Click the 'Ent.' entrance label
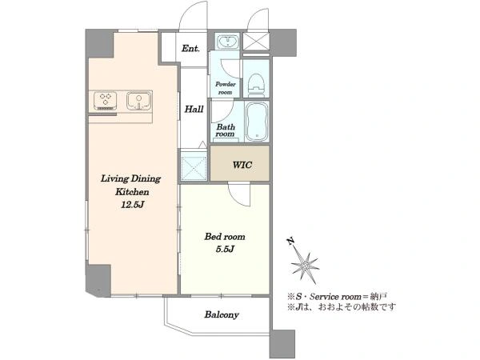pyautogui.click(x=190, y=48)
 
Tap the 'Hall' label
pyautogui.click(x=194, y=109)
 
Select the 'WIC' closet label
pyautogui.click(x=242, y=165)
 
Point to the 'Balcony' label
pyautogui.click(x=222, y=314)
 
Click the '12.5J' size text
pyautogui.click(x=132, y=205)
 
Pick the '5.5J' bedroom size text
pyautogui.click(x=225, y=249)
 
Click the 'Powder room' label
pyautogui.click(x=226, y=88)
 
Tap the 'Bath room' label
pyautogui.click(x=226, y=130)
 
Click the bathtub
pyautogui.click(x=257, y=122)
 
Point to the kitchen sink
pyautogui.click(x=139, y=100)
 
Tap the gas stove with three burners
pyautogui.click(x=105, y=101)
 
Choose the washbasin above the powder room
pyautogui.click(x=227, y=42)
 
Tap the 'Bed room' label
pyautogui.click(x=225, y=236)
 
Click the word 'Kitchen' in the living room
pyautogui.click(x=132, y=192)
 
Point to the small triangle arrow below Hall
pyautogui.click(x=202, y=145)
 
